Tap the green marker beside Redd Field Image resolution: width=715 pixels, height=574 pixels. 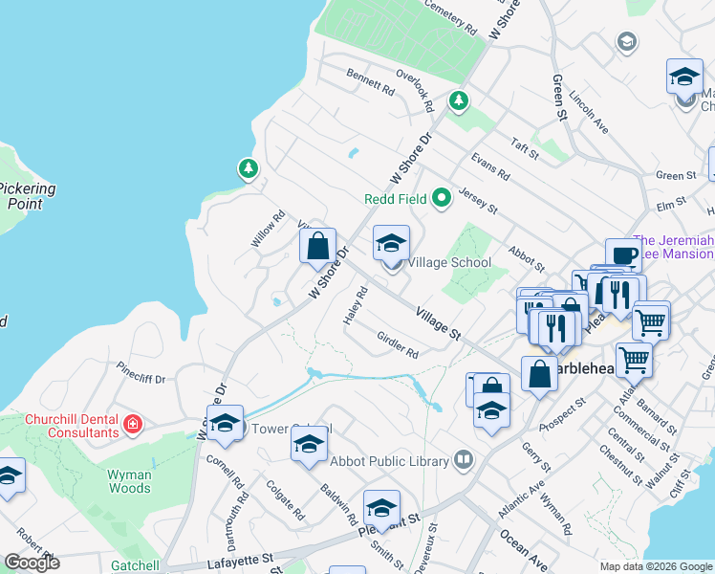tap(441, 199)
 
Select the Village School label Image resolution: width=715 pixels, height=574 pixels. tap(449, 262)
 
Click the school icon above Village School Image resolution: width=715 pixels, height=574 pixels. tap(390, 245)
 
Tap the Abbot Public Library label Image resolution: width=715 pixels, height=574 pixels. tap(389, 461)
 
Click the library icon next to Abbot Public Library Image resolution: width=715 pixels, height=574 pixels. tap(464, 461)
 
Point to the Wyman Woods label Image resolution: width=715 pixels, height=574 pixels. tap(129, 481)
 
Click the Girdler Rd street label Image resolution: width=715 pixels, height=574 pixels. tap(398, 345)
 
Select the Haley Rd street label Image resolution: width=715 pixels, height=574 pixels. tap(352, 306)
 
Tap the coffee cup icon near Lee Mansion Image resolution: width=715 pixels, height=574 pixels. tap(623, 255)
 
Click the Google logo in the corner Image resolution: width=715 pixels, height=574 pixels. tap(32, 563)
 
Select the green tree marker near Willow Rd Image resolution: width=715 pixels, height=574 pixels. tap(249, 169)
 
